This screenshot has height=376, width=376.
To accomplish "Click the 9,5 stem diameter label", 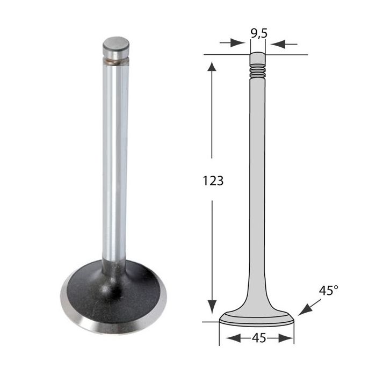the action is tap(259, 33).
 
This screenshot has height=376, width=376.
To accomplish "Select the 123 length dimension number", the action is tap(213, 180).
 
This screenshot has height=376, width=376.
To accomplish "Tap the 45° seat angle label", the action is tap(328, 291).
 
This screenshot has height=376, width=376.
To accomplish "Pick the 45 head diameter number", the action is tap(259, 338).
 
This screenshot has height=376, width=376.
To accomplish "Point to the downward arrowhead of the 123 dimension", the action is tap(212, 307).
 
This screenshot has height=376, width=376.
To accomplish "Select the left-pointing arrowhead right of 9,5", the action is tap(278, 44).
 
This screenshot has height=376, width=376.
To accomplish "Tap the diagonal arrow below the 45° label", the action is tap(309, 307).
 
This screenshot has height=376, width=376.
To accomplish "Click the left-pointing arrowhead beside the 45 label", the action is tap(233, 338).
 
